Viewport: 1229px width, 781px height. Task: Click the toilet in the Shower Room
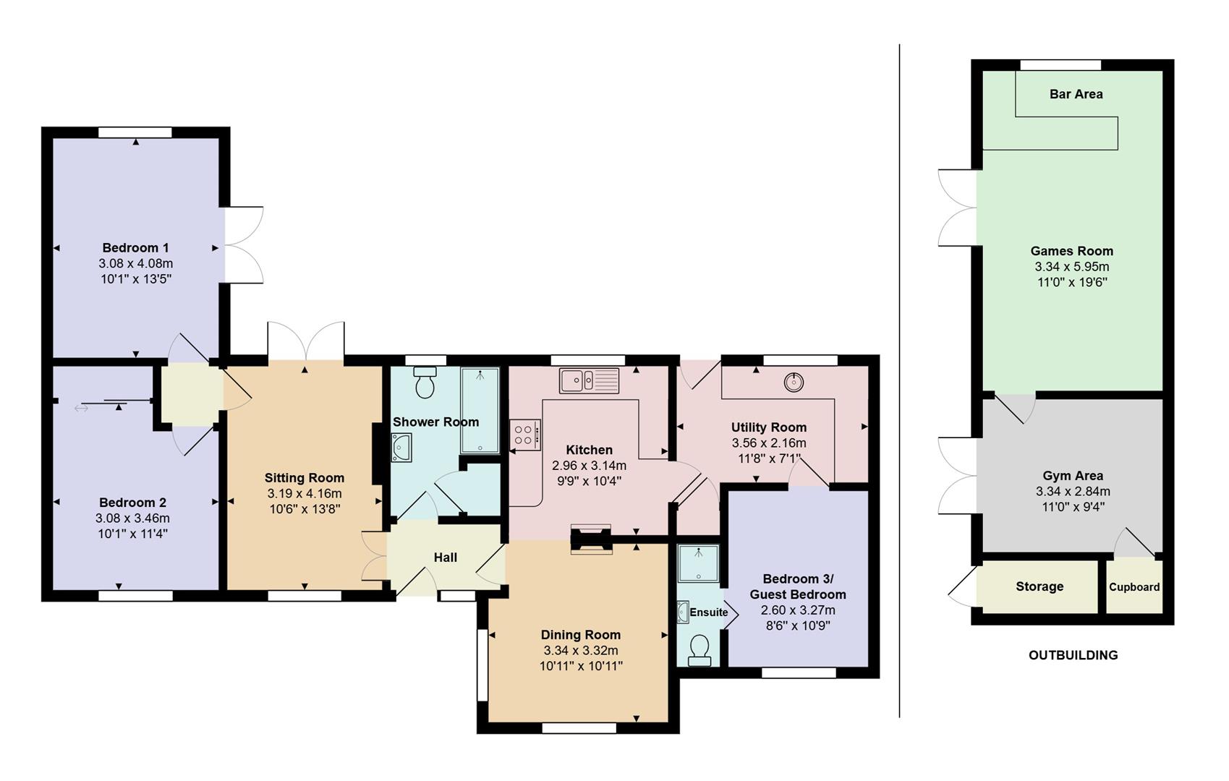click(x=425, y=383)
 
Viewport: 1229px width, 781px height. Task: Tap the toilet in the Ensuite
click(x=699, y=649)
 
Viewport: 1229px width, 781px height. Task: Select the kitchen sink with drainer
click(x=589, y=380)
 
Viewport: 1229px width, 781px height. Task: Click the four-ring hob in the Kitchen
click(x=524, y=434)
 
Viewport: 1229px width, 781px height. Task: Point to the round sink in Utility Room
click(x=794, y=382)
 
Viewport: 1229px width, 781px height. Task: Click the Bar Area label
click(x=1076, y=94)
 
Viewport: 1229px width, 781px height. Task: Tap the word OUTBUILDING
click(x=1073, y=655)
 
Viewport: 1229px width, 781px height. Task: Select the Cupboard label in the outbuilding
click(x=1134, y=587)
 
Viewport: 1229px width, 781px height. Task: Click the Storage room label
click(x=1039, y=586)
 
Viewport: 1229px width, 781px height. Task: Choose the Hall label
click(x=445, y=558)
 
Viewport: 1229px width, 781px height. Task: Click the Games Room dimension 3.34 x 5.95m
click(x=1071, y=267)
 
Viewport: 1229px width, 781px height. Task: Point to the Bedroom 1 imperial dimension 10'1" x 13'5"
click(x=136, y=279)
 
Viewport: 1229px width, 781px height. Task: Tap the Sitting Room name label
click(x=304, y=478)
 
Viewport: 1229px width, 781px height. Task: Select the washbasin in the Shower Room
click(x=401, y=448)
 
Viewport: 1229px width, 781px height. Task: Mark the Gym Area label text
click(x=1072, y=476)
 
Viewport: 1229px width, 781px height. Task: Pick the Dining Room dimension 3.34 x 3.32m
click(x=580, y=651)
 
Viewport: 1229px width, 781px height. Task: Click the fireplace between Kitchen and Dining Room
click(x=591, y=539)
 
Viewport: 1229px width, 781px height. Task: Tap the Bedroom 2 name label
click(x=132, y=503)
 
